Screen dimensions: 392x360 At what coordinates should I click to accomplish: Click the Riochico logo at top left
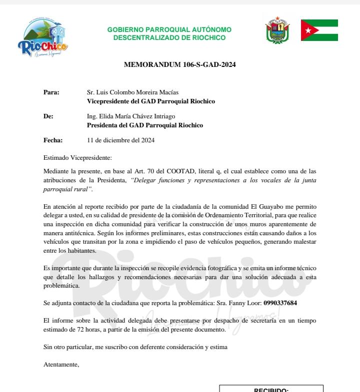click(42, 37)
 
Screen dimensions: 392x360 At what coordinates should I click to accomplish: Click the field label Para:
click(51, 92)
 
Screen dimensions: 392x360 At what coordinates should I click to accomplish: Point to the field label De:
click(48, 116)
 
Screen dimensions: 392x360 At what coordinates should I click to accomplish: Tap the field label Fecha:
click(53, 140)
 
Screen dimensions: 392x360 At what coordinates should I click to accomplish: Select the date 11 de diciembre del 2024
click(120, 140)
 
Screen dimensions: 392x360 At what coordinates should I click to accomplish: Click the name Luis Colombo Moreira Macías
click(137, 92)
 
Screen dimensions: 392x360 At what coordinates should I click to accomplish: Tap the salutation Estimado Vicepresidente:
click(78, 158)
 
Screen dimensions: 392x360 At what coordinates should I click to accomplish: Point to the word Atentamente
click(61, 364)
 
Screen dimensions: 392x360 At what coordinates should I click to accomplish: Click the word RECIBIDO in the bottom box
click(271, 390)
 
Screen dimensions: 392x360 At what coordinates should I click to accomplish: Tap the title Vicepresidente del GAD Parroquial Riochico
click(151, 101)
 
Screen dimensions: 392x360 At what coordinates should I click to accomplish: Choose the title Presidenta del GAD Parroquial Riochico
click(145, 125)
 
